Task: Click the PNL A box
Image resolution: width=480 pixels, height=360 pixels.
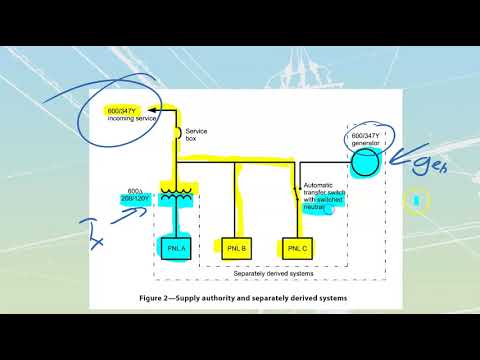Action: pos(176,245)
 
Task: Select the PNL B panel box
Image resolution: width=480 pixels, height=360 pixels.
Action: pos(236,245)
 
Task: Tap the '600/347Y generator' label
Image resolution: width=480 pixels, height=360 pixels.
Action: pos(366,139)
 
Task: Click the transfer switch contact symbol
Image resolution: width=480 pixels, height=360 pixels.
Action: pos(297,190)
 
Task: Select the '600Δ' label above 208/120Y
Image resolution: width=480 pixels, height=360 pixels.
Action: pos(134,191)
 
